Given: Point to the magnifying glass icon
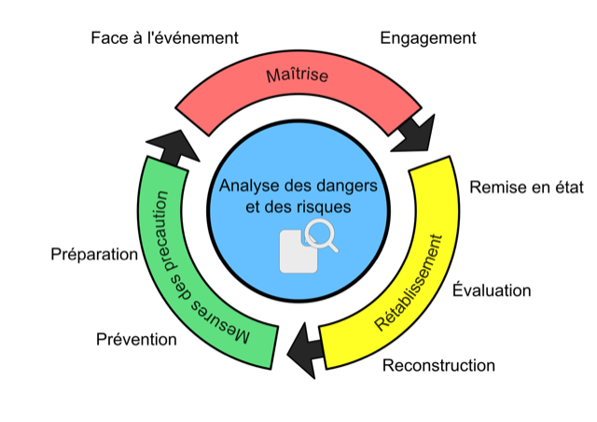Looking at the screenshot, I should tap(324, 236).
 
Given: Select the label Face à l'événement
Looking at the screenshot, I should tap(164, 38).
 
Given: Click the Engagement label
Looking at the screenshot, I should tap(428, 38).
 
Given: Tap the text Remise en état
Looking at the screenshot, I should tap(526, 188).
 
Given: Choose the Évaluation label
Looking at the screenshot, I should tap(491, 290).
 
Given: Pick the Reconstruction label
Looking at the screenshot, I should tap(438, 365).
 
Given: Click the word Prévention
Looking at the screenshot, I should tap(136, 339).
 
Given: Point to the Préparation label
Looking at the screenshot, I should tap(94, 254).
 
